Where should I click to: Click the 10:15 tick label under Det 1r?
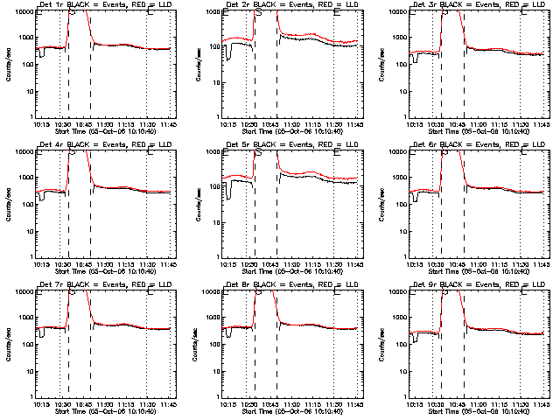point(39,125)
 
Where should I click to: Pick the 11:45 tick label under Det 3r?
point(540,125)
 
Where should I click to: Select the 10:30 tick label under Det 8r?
point(248,404)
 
